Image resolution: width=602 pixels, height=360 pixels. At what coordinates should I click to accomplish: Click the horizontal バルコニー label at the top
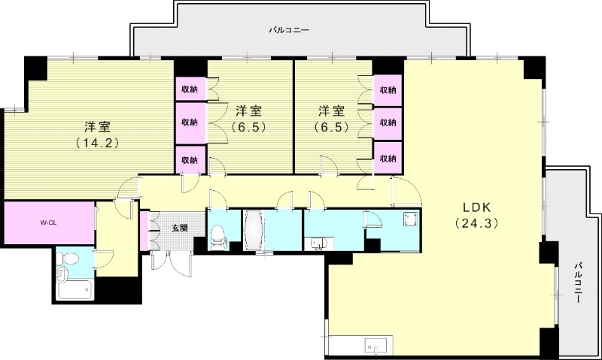pos(290,31)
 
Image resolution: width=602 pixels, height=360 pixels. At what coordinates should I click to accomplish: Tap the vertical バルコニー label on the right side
pos(578,282)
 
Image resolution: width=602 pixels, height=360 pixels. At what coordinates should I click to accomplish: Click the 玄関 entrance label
pos(178,228)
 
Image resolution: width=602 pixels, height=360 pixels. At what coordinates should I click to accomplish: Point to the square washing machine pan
pos(409,219)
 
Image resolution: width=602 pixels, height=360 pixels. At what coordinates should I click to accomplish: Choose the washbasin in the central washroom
pos(318,243)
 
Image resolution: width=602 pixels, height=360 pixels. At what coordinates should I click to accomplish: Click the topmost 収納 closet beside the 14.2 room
pos(190,89)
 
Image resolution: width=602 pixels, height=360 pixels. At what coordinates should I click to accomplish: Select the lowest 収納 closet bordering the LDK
pos(388,159)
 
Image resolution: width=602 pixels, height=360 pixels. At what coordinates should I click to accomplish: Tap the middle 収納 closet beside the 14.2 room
pos(190,122)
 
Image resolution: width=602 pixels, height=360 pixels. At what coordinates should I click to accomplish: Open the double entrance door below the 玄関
pos(171,261)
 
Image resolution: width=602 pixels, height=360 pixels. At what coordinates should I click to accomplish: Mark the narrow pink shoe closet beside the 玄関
pos(144,230)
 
